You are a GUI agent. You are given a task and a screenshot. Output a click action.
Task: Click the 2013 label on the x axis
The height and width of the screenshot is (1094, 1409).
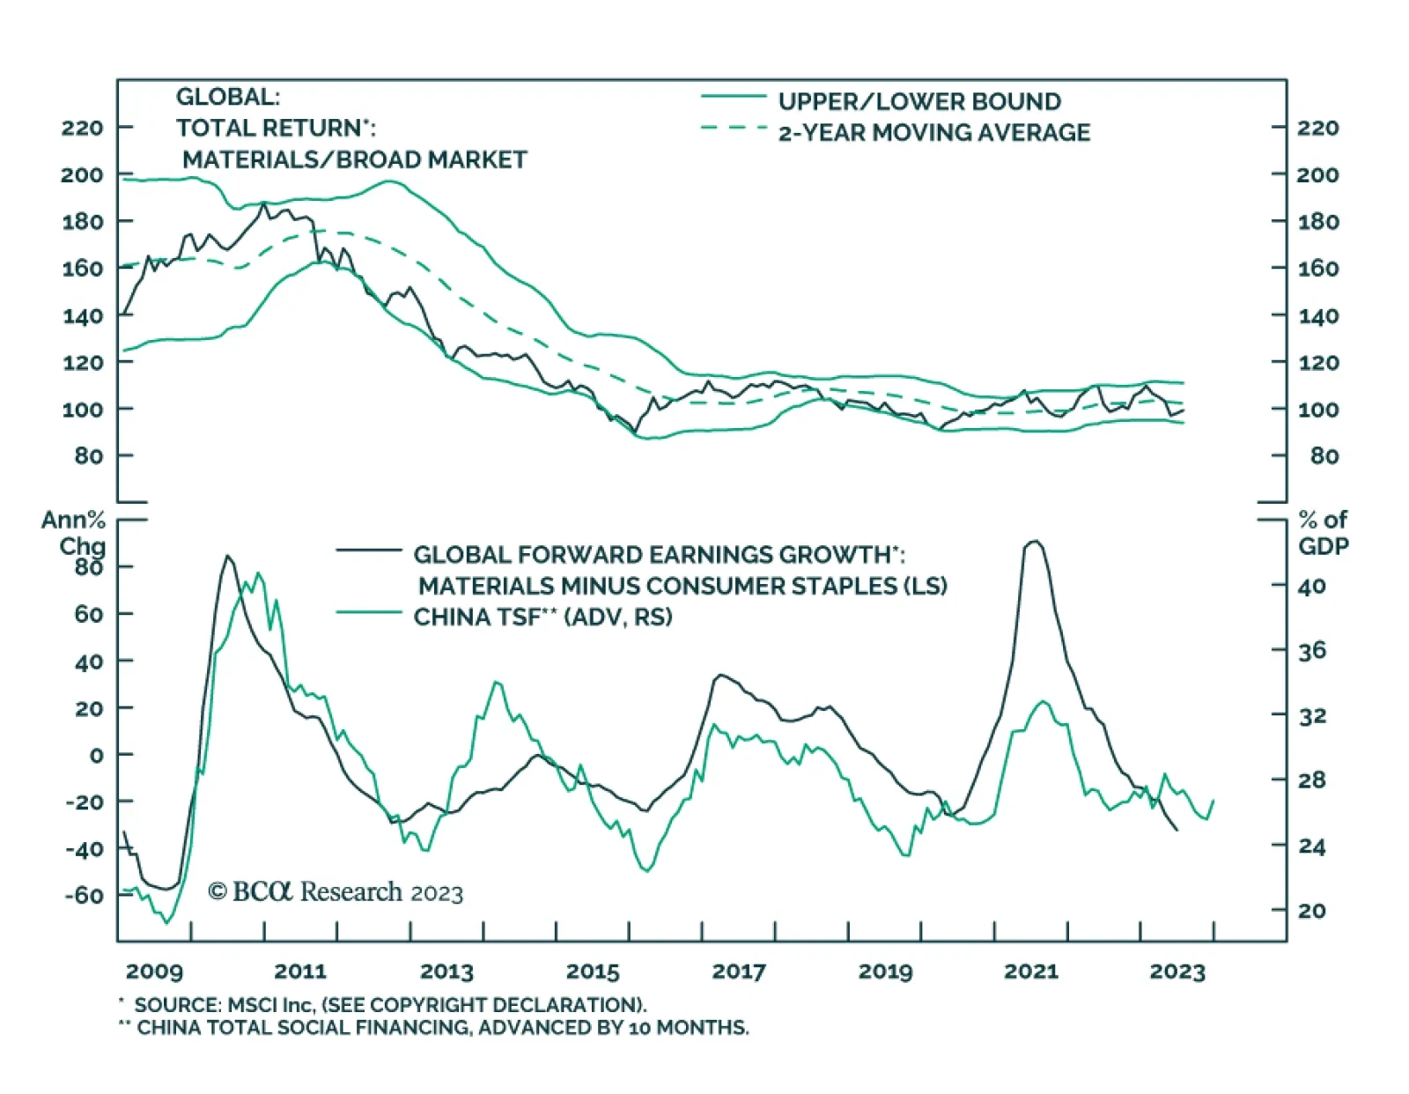tap(446, 972)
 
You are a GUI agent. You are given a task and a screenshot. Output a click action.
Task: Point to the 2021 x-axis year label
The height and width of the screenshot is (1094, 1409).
tap(1030, 972)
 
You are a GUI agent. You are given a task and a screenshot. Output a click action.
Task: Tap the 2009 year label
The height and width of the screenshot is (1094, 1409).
tap(154, 972)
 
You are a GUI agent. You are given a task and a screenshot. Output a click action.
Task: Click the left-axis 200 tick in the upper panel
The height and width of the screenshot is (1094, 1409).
tap(82, 174)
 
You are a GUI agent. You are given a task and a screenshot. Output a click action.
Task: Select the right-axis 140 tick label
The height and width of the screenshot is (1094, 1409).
tap(1317, 315)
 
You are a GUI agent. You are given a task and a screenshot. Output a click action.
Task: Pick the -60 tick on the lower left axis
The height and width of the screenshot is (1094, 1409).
tap(84, 895)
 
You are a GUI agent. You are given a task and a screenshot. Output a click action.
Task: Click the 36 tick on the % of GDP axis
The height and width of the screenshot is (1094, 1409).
tap(1312, 651)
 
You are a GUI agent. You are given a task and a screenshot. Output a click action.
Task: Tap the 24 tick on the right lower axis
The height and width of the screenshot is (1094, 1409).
tap(1312, 846)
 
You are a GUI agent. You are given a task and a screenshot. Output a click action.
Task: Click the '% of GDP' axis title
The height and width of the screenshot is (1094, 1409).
tap(1323, 533)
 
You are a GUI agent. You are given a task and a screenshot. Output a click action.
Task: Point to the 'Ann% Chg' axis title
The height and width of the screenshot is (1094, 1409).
tap(74, 533)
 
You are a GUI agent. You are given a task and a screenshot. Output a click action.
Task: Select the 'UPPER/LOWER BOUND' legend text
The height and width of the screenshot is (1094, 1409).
tap(919, 101)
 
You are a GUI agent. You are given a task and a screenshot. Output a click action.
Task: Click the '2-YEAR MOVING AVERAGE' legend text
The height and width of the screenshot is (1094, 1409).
tap(933, 132)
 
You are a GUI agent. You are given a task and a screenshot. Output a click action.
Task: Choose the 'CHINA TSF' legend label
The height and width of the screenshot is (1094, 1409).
tap(542, 617)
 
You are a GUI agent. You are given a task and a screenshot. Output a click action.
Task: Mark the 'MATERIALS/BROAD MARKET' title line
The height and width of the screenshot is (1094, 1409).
tap(354, 159)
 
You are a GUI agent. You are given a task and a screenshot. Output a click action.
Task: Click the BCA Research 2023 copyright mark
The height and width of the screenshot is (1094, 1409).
tap(335, 892)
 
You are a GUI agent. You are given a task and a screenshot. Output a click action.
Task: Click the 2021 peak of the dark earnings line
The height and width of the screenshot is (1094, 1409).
tap(1034, 542)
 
